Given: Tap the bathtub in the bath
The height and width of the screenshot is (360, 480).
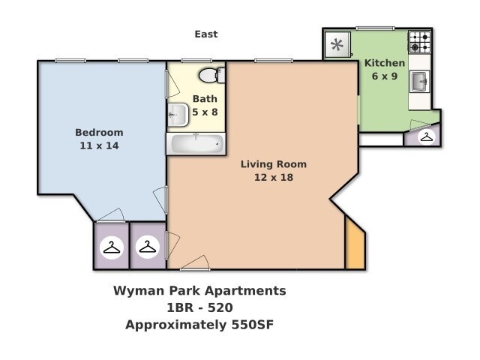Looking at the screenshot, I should click(x=195, y=142).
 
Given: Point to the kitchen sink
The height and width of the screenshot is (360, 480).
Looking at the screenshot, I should click(x=419, y=80).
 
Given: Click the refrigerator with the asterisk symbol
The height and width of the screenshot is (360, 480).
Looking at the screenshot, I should click(x=337, y=45).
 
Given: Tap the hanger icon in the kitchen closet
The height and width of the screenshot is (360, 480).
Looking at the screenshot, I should click(x=426, y=136).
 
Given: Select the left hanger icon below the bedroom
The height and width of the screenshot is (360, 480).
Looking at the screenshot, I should click(x=112, y=247).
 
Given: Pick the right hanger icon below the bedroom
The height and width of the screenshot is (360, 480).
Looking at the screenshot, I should click(x=148, y=247).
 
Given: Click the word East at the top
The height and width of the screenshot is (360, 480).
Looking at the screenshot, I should click(x=206, y=34).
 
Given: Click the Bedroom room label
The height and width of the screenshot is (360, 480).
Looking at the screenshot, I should click(x=99, y=133).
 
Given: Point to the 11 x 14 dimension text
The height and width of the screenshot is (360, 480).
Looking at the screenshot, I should click(x=99, y=145).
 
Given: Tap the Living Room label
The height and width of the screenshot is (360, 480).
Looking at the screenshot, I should click(x=273, y=164).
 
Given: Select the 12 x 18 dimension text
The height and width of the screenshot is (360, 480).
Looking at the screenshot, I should click(x=273, y=177).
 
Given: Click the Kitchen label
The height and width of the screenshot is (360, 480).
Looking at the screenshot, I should click(x=385, y=63).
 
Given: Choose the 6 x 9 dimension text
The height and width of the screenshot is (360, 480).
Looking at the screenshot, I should click(x=385, y=76).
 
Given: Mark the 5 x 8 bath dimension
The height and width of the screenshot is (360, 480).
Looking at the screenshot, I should click(x=205, y=111).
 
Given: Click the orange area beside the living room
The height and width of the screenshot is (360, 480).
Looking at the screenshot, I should click(x=354, y=244).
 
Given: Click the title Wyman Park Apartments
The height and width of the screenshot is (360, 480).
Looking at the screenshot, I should click(x=199, y=290).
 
